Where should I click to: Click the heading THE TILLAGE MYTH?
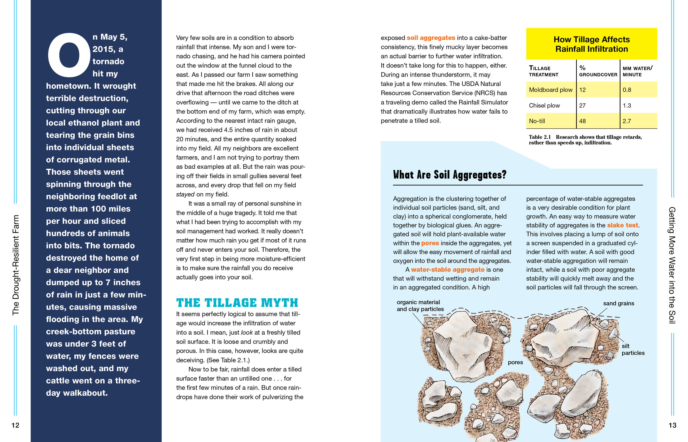coord(237,303)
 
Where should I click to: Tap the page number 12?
coord(15,425)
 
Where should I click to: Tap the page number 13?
coord(672,425)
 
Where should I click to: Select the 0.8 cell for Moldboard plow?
coord(627,90)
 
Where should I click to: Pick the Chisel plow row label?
coord(544,105)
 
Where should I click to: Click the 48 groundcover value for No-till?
coord(582,121)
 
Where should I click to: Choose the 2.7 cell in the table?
coord(627,121)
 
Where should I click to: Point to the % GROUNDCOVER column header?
coord(598,71)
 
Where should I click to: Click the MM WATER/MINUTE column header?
coord(637,71)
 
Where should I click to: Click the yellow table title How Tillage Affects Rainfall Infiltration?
coord(591,44)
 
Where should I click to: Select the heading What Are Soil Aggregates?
coord(450,175)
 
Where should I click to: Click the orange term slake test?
coord(622,225)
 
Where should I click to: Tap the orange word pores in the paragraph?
coord(430,243)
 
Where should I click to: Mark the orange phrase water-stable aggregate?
coord(447,270)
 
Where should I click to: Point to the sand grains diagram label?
coord(618,303)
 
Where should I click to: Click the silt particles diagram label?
coord(633,349)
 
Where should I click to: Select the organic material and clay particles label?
coord(420,306)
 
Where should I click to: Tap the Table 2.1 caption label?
coord(540,137)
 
